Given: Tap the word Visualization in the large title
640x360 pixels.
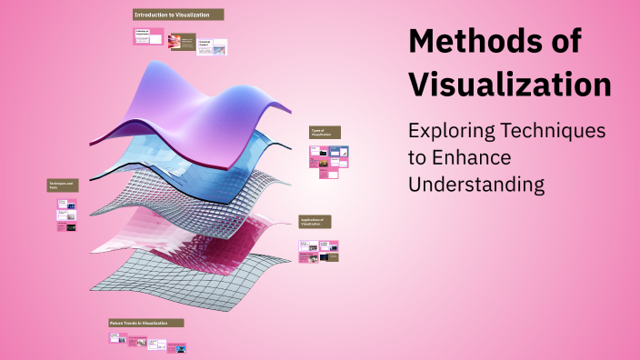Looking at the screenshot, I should click(x=509, y=85).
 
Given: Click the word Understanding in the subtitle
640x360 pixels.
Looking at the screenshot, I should click(x=476, y=185).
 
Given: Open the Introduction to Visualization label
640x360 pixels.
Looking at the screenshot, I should click(x=178, y=15).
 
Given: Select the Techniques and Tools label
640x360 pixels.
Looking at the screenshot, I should click(x=63, y=185).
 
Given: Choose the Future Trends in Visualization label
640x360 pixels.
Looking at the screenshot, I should click(x=146, y=323).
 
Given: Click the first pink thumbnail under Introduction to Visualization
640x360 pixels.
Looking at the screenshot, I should click(x=149, y=36).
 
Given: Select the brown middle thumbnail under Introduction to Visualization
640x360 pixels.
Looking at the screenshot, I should click(x=183, y=42).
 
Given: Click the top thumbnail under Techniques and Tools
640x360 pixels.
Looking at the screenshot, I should click(x=66, y=205).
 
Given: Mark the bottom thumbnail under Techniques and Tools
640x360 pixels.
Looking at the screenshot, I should click(x=66, y=227).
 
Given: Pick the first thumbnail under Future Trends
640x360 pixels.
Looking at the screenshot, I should click(x=115, y=337).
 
